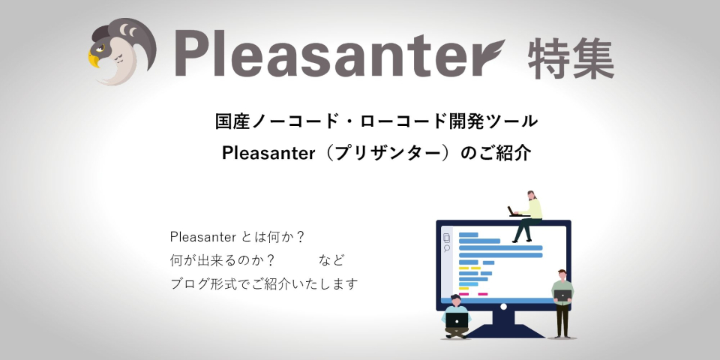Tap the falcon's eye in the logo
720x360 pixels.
pyautogui.click(x=101, y=48)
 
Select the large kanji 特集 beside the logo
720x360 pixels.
pyautogui.click(x=571, y=58)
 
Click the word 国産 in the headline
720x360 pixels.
pyautogui.click(x=233, y=122)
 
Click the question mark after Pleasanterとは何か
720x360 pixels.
pyautogui.click(x=300, y=238)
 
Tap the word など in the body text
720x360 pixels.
pyautogui.click(x=331, y=261)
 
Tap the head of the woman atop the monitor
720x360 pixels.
pyautogui.click(x=531, y=195)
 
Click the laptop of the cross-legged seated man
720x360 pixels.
pyautogui.click(x=457, y=320)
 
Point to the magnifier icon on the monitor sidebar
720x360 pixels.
pyautogui.click(x=447, y=249)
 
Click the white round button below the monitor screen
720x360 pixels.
pyautogui.click(x=503, y=306)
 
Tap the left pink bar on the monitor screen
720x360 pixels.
pyautogui.click(x=463, y=294)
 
